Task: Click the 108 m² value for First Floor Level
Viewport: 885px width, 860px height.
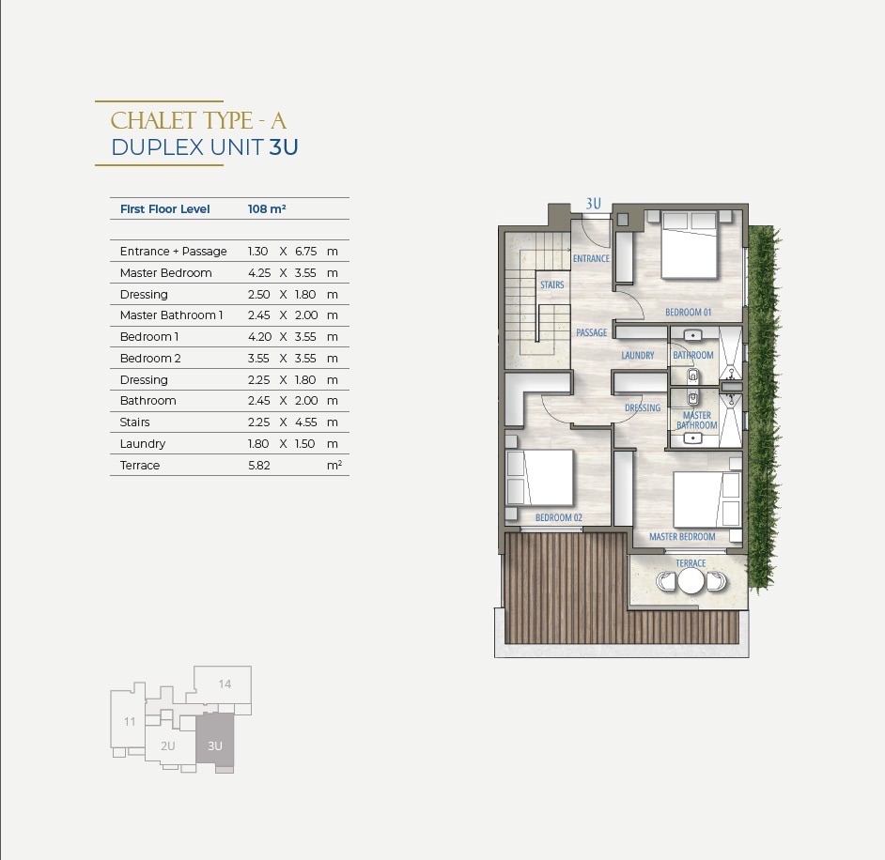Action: (x=267, y=209)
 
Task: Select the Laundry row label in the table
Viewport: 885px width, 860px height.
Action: (x=142, y=444)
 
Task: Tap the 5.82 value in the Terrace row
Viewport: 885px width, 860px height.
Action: (x=259, y=466)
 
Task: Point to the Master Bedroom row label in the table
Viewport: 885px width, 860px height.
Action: (x=166, y=273)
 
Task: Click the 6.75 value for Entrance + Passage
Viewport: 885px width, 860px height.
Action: (x=306, y=252)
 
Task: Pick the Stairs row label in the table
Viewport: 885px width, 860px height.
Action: (x=135, y=422)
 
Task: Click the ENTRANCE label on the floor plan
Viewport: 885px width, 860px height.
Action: (x=591, y=259)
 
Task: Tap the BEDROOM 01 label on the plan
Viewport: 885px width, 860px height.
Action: (x=688, y=312)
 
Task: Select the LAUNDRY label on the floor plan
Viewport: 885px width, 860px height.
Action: (x=638, y=355)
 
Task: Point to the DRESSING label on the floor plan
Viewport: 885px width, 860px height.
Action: (x=643, y=407)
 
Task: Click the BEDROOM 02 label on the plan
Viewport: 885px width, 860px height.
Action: (x=559, y=517)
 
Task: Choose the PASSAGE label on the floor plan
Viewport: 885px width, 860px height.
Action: (x=592, y=332)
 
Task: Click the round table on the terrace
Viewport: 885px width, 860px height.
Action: (x=691, y=581)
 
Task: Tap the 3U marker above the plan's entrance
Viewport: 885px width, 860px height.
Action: (x=593, y=204)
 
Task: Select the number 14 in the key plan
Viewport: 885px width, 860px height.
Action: (x=225, y=684)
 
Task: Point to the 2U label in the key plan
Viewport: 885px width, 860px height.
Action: (x=167, y=746)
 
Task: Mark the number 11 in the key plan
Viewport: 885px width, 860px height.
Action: (x=130, y=721)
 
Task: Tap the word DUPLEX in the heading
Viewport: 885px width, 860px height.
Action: (x=158, y=147)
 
